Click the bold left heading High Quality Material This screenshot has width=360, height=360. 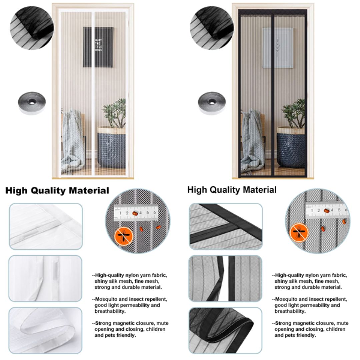pos(57,191)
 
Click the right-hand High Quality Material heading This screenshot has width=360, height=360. pos(232,190)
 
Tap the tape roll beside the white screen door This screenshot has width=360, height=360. pos(32,103)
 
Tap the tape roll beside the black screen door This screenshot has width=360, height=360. pos(212,103)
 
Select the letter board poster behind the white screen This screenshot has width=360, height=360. pos(98,47)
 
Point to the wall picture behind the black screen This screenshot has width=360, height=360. pos(278,48)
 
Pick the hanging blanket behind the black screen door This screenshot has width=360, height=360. pos(252,140)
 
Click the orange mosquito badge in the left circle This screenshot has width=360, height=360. pos(124,236)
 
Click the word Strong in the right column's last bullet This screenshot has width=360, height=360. pos(283,323)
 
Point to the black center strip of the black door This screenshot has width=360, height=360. pos(273,93)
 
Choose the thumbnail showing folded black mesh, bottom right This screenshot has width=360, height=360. pos(225,330)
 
